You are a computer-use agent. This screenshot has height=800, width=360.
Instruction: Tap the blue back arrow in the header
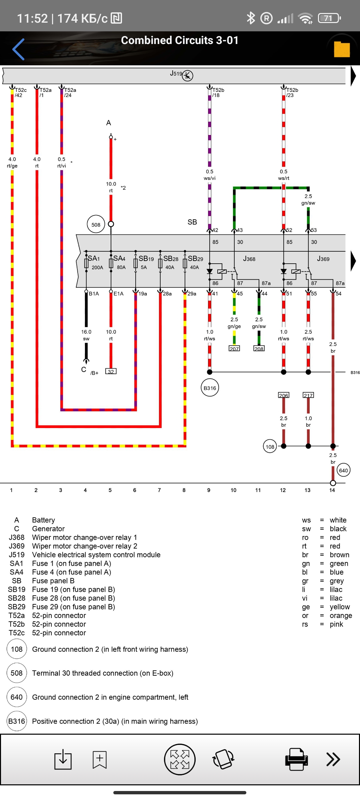pyautogui.click(x=19, y=49)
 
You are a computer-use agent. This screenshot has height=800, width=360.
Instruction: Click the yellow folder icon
pyautogui.click(x=342, y=49)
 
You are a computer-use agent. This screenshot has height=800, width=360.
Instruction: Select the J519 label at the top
pyautogui.click(x=176, y=74)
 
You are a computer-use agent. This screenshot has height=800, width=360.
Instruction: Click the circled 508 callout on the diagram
pyautogui.click(x=96, y=225)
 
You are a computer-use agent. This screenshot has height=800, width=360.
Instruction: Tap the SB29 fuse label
pyautogui.click(x=195, y=259)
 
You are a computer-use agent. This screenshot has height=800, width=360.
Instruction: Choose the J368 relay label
pyautogui.click(x=249, y=259)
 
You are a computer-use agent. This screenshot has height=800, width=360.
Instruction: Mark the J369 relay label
pyautogui.click(x=323, y=259)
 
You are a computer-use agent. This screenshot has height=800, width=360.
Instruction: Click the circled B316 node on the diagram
pyautogui.click(x=210, y=388)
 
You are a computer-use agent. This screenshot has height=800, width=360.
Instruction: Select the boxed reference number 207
pyautogui.click(x=234, y=349)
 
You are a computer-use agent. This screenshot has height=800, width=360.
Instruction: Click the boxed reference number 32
pyautogui.click(x=111, y=372)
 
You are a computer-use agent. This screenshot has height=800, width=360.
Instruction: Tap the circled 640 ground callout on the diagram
pyautogui.click(x=343, y=471)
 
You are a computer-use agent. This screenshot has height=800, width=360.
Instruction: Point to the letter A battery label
pyautogui.click(x=109, y=123)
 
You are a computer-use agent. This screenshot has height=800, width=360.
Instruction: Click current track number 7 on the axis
pyautogui.click(x=159, y=490)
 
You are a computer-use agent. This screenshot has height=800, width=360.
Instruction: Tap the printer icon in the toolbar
pyautogui.click(x=296, y=759)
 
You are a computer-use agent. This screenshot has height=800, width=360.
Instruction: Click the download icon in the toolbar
pyautogui.click(x=63, y=760)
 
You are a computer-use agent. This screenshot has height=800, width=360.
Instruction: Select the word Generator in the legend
pyautogui.click(x=48, y=529)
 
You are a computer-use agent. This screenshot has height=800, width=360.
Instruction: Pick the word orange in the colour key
pyautogui.click(x=341, y=616)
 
